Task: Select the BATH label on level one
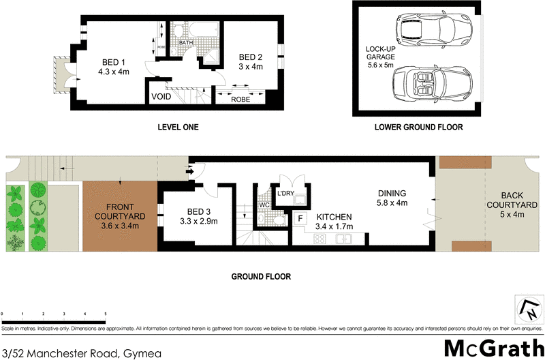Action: pyautogui.click(x=187, y=43)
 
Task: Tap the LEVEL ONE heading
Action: pyautogui.click(x=178, y=127)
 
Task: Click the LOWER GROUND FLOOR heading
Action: pyautogui.click(x=418, y=127)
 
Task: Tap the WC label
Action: pyautogui.click(x=264, y=204)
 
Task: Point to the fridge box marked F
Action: pyautogui.click(x=300, y=219)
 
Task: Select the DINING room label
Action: pyautogui.click(x=392, y=197)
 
